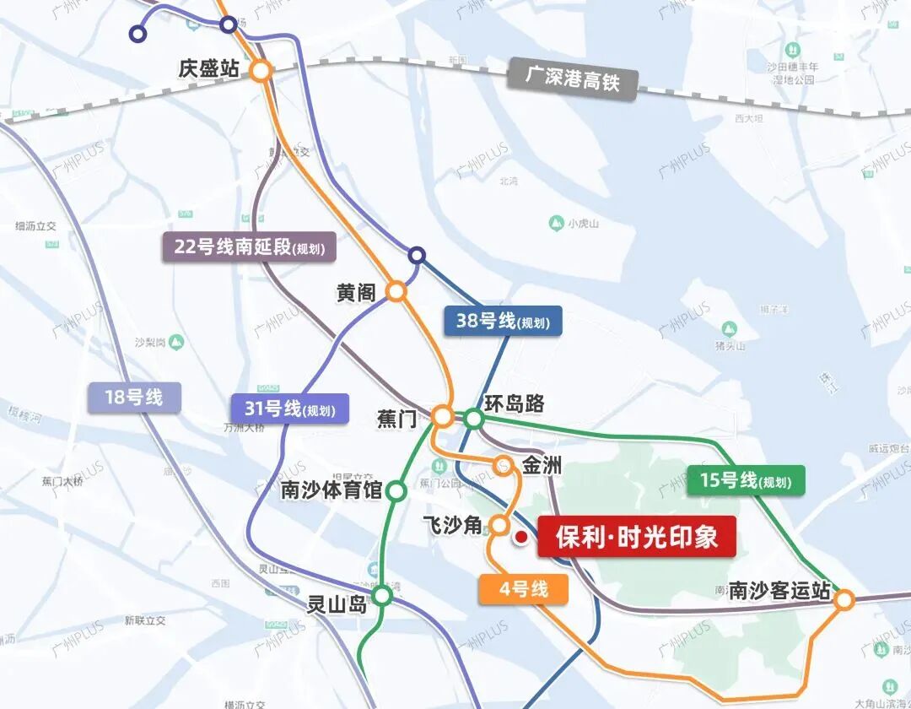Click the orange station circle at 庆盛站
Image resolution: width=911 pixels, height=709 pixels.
point(261,72)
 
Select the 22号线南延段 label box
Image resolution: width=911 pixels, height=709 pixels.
point(250,247)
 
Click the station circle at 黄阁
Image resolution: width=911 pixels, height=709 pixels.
point(396,292)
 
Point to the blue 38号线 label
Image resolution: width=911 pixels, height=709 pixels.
point(503,321)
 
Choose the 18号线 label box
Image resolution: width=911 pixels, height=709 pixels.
point(134,397)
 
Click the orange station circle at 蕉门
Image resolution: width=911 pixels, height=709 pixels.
point(442,416)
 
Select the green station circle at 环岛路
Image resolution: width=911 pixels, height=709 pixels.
point(474,418)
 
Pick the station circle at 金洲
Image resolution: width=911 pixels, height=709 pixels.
point(503,465)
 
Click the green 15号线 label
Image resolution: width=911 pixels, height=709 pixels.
point(746,480)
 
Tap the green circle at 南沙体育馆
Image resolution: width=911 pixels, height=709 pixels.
point(396,490)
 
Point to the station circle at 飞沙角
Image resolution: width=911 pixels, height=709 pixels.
point(499,525)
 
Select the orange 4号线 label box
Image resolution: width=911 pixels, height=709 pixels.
point(523,588)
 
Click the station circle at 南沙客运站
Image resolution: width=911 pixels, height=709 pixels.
point(844,600)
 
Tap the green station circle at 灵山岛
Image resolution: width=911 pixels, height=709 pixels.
point(383,596)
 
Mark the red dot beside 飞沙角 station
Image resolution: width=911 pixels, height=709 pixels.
point(521,537)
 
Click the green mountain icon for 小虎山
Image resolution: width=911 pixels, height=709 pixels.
point(556,223)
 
